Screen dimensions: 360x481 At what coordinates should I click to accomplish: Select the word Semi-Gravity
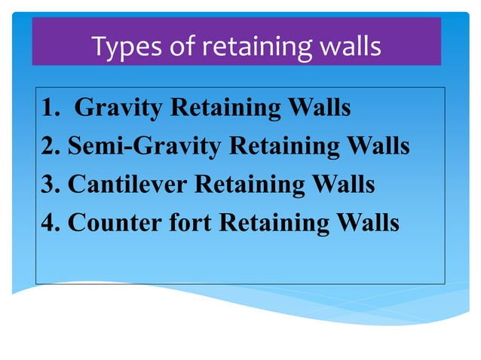(x=145, y=146)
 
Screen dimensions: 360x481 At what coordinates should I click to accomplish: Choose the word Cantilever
(x=128, y=184)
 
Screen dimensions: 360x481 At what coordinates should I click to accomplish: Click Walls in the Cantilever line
(x=342, y=184)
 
